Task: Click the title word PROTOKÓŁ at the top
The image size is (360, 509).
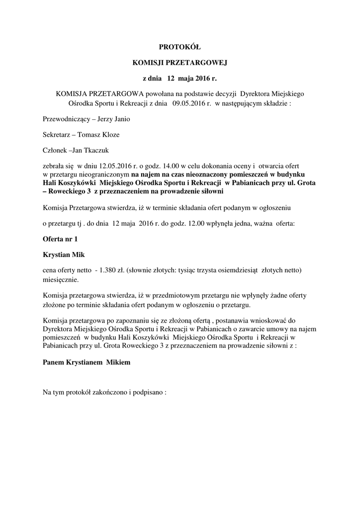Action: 180,47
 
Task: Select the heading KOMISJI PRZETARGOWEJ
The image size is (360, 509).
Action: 180,63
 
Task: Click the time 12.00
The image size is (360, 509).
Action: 196,224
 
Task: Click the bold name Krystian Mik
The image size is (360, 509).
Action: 64,254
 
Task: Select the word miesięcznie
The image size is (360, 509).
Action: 60,279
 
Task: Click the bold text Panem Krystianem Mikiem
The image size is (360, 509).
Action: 87,362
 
